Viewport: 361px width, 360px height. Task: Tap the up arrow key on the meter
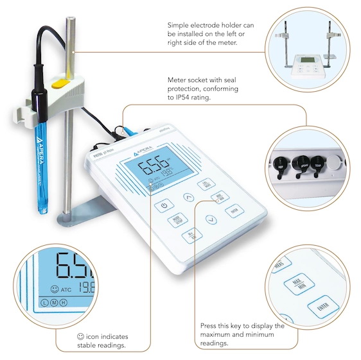click(188, 198)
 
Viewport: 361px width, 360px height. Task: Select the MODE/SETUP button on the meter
click(173, 219)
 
